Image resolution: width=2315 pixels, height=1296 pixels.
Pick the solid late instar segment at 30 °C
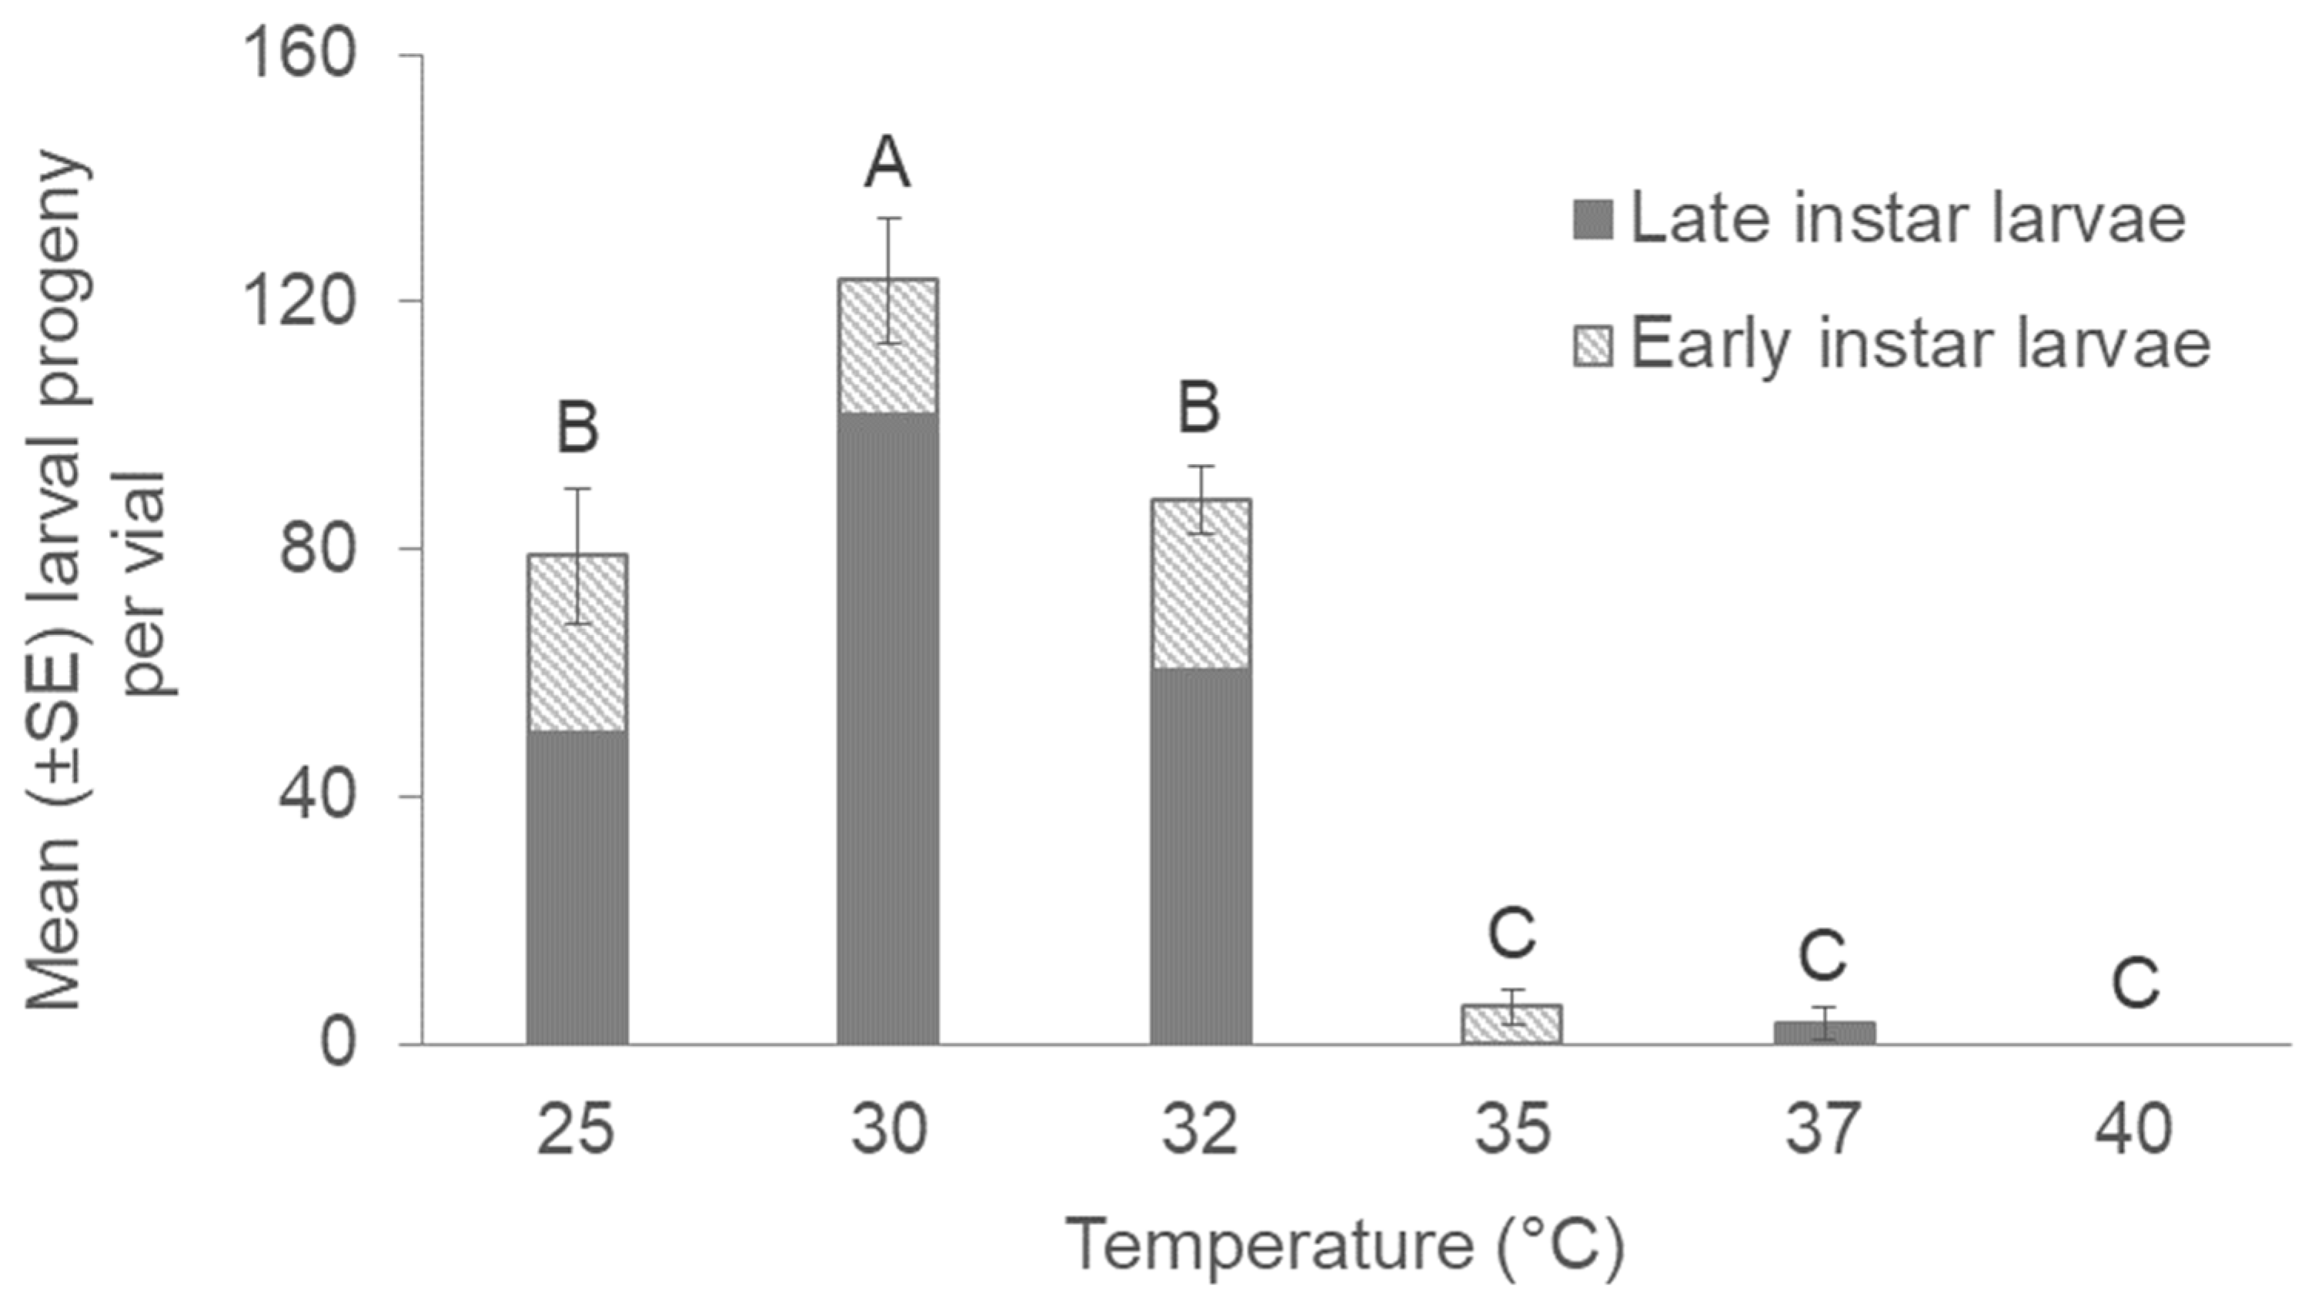888,728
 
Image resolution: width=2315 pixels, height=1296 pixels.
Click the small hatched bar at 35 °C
1512,1024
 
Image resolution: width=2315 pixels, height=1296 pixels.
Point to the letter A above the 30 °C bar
887,165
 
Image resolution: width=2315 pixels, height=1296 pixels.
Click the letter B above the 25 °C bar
577,428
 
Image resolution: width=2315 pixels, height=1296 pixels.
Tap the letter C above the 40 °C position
2134,984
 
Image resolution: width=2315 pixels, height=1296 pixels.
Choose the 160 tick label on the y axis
299,55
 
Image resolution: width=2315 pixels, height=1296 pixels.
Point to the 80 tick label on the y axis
317,549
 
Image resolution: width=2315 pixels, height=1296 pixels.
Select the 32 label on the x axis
1200,1130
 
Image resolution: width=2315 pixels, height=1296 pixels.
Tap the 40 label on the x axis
2134,1130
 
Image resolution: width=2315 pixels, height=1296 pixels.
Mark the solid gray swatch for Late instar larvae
1593,219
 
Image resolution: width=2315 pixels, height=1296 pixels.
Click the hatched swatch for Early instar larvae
1593,345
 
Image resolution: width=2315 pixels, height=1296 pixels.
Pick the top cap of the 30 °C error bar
888,219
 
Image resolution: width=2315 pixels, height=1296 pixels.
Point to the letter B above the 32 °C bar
1200,408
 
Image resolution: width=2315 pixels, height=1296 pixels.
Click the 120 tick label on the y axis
299,302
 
